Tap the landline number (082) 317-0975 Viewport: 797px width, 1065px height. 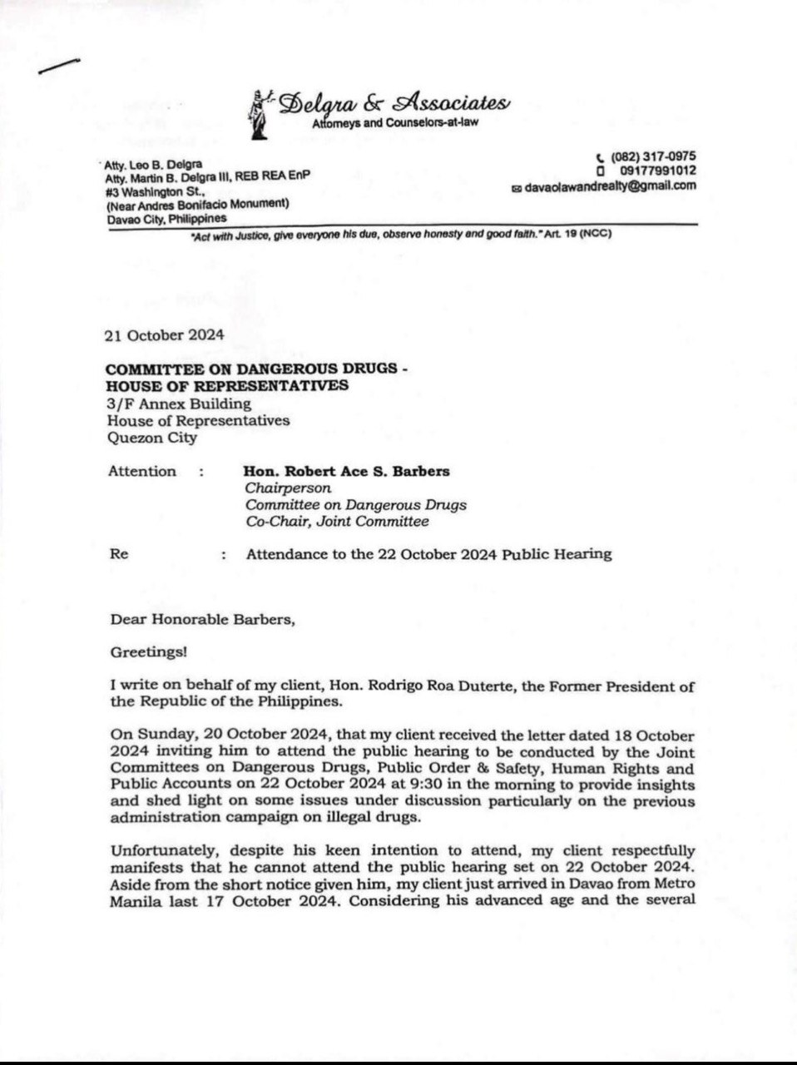[652, 156]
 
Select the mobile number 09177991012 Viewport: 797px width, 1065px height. [654, 171]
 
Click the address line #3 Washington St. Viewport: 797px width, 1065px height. [146, 191]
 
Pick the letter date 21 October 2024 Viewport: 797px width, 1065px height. [164, 336]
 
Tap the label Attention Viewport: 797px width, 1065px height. [142, 471]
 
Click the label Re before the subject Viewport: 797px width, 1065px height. [119, 553]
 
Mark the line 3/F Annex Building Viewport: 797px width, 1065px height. [178, 404]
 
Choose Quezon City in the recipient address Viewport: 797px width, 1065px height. [152, 437]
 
